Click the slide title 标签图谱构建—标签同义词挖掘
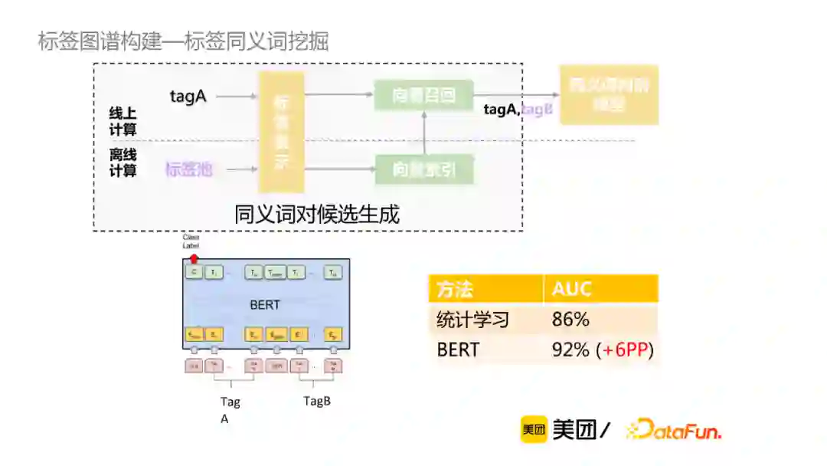point(183,41)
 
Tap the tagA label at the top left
point(188,97)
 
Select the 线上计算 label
point(123,122)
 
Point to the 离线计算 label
point(123,162)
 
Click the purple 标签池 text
point(188,169)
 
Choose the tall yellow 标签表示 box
point(281,131)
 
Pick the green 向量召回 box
point(423,96)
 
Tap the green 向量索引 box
point(423,169)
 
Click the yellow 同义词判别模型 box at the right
point(609,94)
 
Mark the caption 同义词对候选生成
point(317,214)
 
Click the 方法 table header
point(455,289)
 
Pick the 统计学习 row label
point(472,320)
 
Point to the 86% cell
point(570,320)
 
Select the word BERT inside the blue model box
point(265,305)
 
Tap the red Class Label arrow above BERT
point(194,259)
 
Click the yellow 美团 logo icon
point(534,431)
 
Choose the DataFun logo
point(674,431)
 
